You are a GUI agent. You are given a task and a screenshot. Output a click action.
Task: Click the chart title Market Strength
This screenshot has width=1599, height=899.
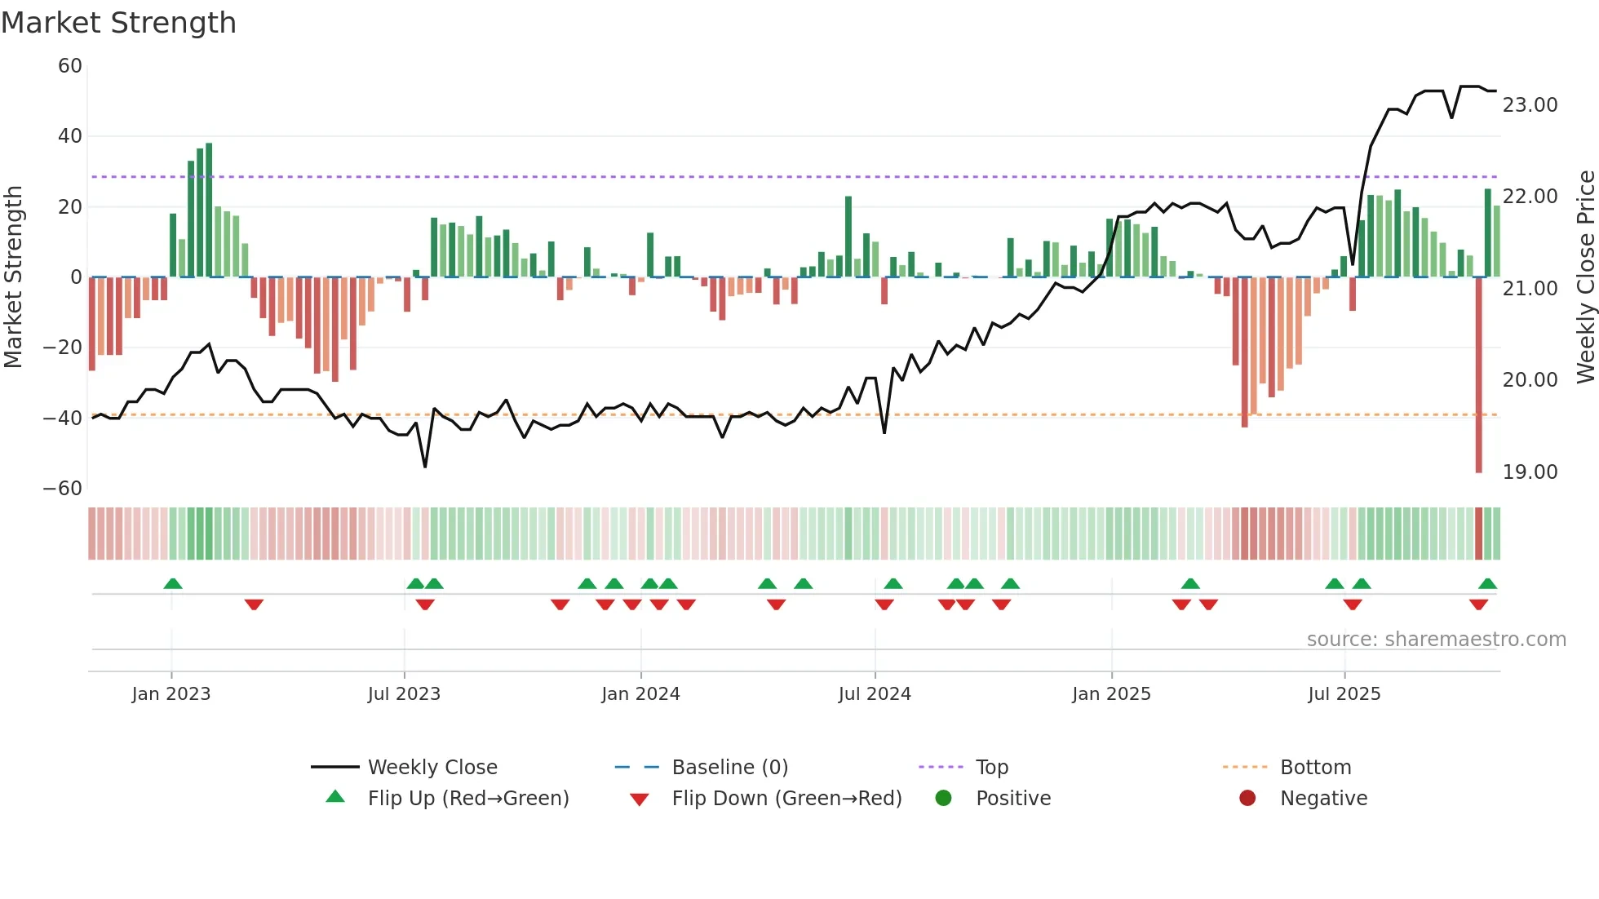pos(118,23)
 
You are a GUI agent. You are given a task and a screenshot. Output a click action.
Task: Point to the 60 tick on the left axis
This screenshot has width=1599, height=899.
pos(70,66)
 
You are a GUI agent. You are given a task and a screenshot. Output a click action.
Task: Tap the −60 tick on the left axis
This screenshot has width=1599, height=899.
pos(63,489)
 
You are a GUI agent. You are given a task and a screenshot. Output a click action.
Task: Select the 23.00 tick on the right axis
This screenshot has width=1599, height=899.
pos(1530,105)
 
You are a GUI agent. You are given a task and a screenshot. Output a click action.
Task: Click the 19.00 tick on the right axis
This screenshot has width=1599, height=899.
pos(1530,472)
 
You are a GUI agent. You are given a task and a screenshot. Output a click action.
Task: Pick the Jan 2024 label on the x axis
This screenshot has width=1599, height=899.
pos(640,694)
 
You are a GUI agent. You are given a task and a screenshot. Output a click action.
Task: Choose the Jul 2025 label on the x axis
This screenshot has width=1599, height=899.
pos(1344,694)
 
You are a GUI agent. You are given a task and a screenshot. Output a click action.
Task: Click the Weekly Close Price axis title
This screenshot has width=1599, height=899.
pos(1585,277)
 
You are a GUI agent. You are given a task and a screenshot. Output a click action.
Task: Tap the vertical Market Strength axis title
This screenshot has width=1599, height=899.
pos(13,277)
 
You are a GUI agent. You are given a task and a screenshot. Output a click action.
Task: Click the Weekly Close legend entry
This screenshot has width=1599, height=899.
pos(432,768)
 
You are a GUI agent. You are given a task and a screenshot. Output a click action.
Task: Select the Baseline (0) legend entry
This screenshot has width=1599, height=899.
pos(729,768)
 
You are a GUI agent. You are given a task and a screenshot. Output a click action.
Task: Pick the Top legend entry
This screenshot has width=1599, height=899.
pos(991,768)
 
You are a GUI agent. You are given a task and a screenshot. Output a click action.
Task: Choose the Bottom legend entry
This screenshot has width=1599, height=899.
pos(1315,768)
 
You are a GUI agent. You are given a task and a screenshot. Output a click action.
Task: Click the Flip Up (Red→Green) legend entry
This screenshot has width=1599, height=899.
pos(467,799)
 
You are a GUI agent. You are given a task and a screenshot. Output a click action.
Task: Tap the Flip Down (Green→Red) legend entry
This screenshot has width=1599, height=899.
pos(786,799)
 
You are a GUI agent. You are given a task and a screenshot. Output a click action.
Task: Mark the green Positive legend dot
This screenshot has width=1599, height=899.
pos(944,799)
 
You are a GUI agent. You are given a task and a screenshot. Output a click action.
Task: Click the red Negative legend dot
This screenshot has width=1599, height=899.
pos(1247,799)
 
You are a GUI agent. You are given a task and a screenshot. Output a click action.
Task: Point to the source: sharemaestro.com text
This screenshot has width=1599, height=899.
pos(1436,640)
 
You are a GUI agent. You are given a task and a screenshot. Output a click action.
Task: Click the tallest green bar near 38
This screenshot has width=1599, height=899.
pos(209,210)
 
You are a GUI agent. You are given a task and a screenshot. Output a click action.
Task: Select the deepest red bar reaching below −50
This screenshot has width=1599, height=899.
pos(1478,375)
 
